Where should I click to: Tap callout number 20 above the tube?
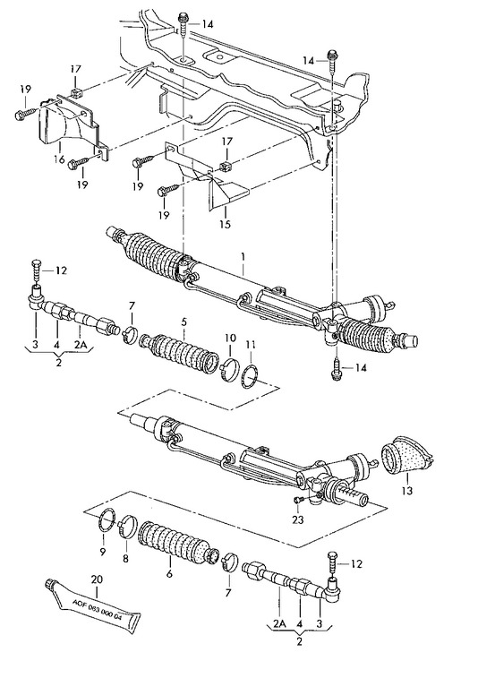[97, 579]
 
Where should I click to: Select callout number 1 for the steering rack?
[243, 256]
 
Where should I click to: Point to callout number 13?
[406, 490]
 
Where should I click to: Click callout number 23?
[298, 519]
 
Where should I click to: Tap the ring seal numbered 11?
[251, 377]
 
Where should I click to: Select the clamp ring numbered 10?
[230, 371]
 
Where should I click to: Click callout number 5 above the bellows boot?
[184, 322]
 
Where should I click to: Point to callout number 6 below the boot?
[169, 573]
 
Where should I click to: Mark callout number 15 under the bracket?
[226, 224]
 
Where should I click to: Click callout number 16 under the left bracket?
[59, 159]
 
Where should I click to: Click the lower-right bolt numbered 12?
[333, 563]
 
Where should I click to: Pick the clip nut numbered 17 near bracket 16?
[75, 90]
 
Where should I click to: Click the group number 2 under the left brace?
[59, 362]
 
